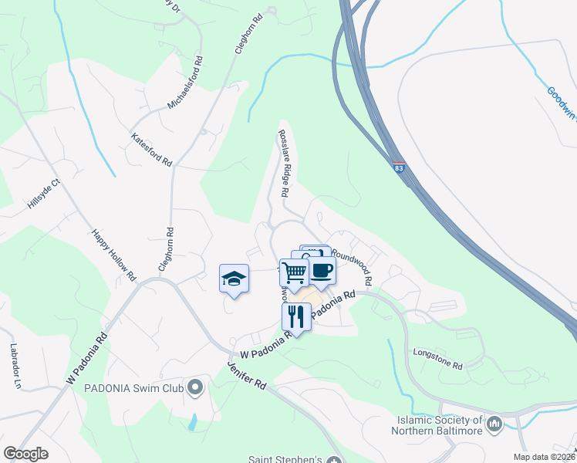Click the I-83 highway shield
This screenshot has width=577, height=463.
pyautogui.click(x=398, y=167)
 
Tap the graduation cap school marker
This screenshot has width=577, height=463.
pyautogui.click(x=234, y=279)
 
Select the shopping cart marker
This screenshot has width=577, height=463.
pyautogui.click(x=295, y=272)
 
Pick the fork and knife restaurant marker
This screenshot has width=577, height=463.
pyautogui.click(x=295, y=316)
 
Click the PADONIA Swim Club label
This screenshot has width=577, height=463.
pyautogui.click(x=135, y=387)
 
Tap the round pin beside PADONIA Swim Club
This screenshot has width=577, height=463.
pyautogui.click(x=196, y=386)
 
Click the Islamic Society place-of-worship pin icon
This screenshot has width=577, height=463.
pyautogui.click(x=494, y=423)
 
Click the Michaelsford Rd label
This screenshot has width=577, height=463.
pyautogui.click(x=186, y=83)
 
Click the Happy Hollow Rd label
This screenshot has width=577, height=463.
pyautogui.click(x=113, y=255)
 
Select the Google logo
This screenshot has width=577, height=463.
pyautogui.click(x=25, y=454)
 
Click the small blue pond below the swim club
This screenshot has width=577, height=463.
pyautogui.click(x=192, y=421)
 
